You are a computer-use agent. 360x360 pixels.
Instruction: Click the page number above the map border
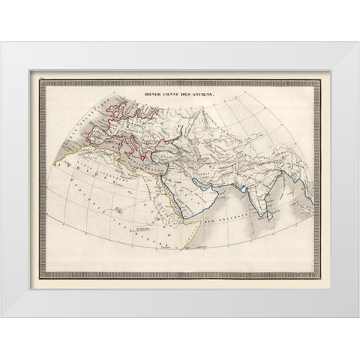pos(43,73)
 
